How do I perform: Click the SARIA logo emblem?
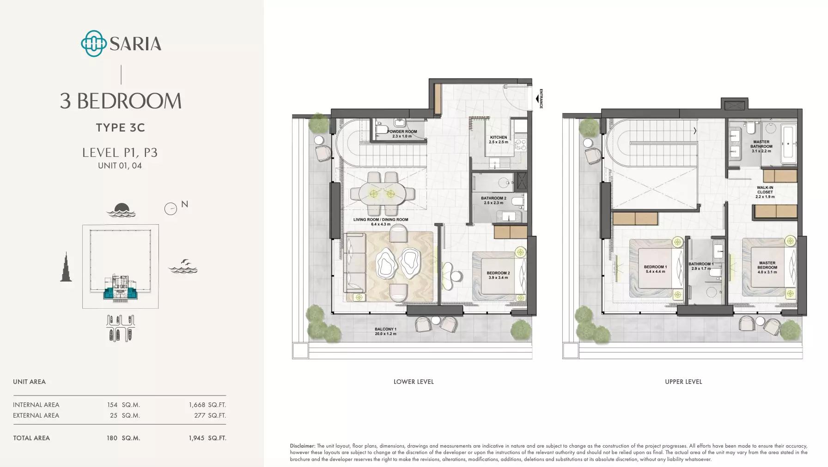pos(94,43)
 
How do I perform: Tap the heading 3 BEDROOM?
pos(121,101)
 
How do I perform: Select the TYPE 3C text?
pos(121,127)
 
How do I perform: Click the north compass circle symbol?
pos(170,209)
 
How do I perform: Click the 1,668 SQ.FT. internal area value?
pos(207,405)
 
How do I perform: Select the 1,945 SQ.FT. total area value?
pos(207,438)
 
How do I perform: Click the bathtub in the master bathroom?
pos(789,144)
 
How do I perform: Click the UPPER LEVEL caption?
pos(683,382)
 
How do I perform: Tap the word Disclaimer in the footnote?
pos(303,446)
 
